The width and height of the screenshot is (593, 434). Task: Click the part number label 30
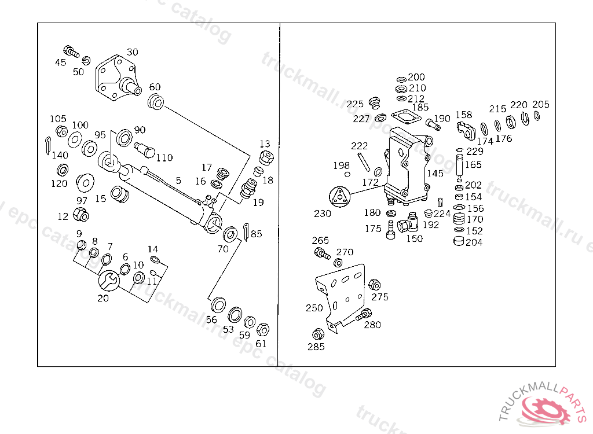point(133,52)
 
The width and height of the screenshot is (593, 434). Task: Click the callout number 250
point(314,308)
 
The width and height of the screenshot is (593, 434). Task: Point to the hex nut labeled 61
point(262,330)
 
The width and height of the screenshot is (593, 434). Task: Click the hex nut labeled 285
point(317,334)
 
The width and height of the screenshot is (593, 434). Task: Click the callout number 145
point(435,173)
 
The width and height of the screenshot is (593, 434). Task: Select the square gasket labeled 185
point(407,117)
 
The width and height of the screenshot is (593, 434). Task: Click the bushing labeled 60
point(156,104)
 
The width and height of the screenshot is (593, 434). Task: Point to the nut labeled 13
point(267,157)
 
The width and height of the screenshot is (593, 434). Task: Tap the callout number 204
point(474,242)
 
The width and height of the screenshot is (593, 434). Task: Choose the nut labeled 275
point(374,285)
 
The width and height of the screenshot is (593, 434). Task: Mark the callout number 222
point(359,146)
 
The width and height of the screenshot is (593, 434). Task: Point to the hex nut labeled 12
point(81,216)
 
